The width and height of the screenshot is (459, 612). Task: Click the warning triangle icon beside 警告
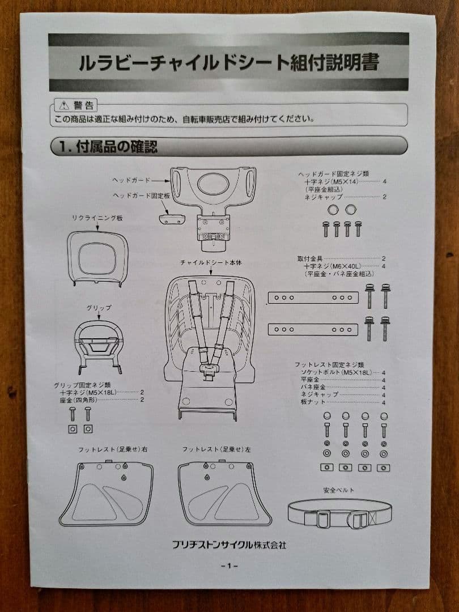[63, 105]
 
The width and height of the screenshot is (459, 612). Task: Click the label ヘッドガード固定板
[141, 195]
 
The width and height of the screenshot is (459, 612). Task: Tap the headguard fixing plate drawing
[171, 218]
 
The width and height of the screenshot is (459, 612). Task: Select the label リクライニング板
[97, 218]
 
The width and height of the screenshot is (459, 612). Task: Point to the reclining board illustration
[97, 258]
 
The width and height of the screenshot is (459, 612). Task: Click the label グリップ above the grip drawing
[99, 308]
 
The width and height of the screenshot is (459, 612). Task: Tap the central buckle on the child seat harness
[207, 369]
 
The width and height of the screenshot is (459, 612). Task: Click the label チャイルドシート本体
[211, 263]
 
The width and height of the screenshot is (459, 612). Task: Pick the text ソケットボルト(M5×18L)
[336, 372]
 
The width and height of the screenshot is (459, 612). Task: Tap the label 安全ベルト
[338, 490]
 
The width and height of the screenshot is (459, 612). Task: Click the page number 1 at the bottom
[229, 566]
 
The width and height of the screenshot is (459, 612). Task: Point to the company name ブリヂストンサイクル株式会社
[229, 545]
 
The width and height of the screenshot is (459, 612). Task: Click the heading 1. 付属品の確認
[108, 147]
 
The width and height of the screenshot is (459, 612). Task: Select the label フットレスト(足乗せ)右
[113, 449]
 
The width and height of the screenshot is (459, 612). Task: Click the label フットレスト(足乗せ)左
[216, 449]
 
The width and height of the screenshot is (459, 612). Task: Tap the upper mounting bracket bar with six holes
[313, 298]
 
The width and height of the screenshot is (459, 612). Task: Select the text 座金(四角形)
[78, 400]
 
